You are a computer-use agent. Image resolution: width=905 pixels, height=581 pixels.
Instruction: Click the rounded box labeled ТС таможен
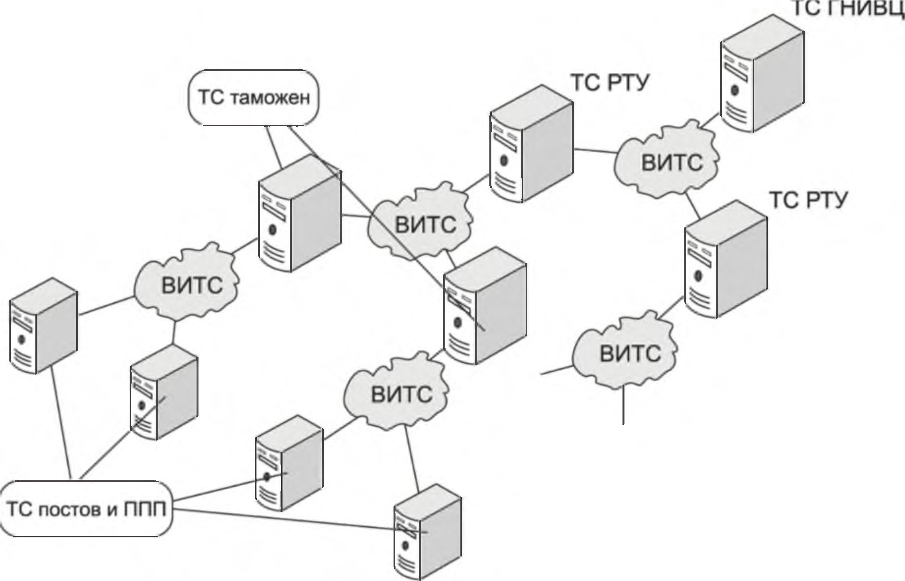click(x=254, y=98)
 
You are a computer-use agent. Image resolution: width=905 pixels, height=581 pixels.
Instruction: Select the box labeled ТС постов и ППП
click(x=86, y=509)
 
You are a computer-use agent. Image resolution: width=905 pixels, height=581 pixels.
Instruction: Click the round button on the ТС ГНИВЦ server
click(x=735, y=90)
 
